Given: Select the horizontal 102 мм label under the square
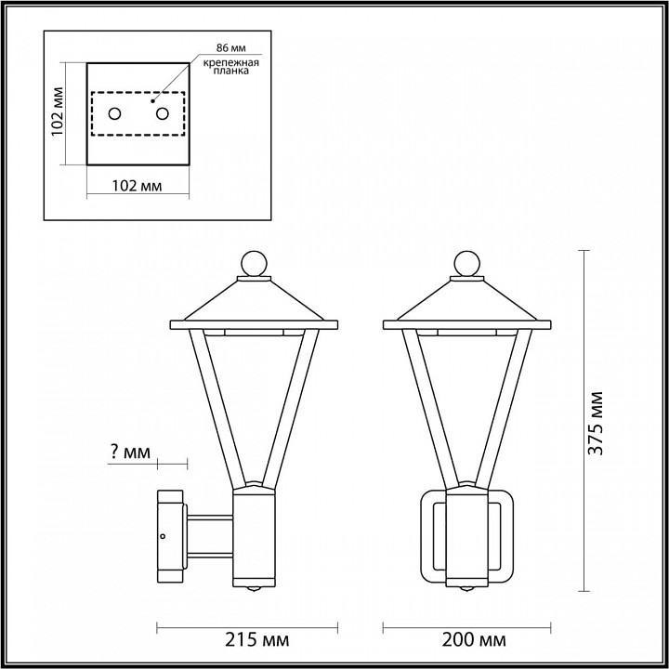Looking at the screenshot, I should pyautogui.click(x=136, y=186).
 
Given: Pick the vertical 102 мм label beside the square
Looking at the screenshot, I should pyautogui.click(x=58, y=112).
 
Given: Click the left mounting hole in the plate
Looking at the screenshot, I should pyautogui.click(x=114, y=114).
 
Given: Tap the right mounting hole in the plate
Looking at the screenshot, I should pyautogui.click(x=163, y=114).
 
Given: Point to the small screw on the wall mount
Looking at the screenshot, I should pyautogui.click(x=164, y=537).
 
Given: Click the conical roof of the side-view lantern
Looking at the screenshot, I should pyautogui.click(x=253, y=302).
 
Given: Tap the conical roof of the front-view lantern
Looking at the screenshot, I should pyautogui.click(x=467, y=302).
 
